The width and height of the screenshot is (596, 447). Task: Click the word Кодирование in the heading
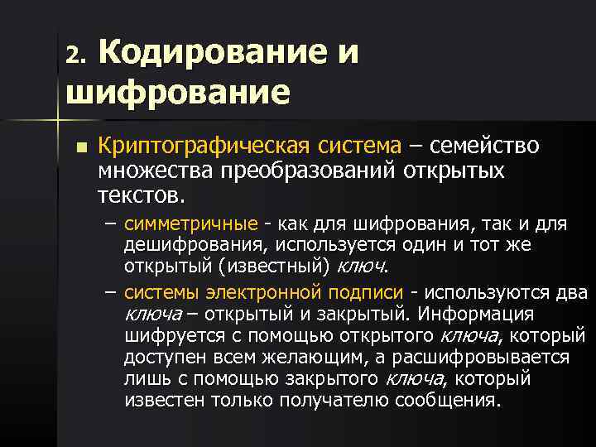(211, 52)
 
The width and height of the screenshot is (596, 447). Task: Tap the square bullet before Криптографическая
(79, 150)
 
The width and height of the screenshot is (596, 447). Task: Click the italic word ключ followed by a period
(363, 267)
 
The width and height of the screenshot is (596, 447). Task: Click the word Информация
(477, 315)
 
